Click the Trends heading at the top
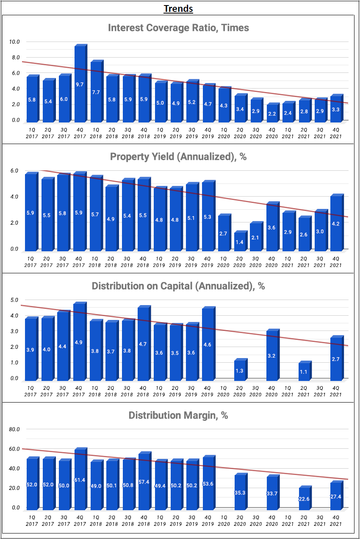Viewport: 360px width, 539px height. [x=178, y=8]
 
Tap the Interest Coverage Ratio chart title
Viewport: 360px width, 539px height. [x=178, y=28]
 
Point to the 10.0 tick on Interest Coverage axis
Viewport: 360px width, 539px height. [x=15, y=42]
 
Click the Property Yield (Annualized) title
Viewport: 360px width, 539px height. [x=178, y=157]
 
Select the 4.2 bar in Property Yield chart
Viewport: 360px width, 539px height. [x=337, y=222]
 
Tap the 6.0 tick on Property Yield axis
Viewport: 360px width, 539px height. [x=14, y=171]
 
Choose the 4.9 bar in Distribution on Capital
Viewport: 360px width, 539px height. [x=80, y=341]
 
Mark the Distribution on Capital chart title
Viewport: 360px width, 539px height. [x=178, y=286]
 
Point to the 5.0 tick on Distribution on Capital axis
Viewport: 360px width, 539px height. [x=14, y=300]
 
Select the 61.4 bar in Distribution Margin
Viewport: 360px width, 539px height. [x=80, y=479]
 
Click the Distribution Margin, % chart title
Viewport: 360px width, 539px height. [x=178, y=415]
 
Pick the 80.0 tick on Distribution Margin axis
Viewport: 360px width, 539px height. [x=14, y=429]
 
